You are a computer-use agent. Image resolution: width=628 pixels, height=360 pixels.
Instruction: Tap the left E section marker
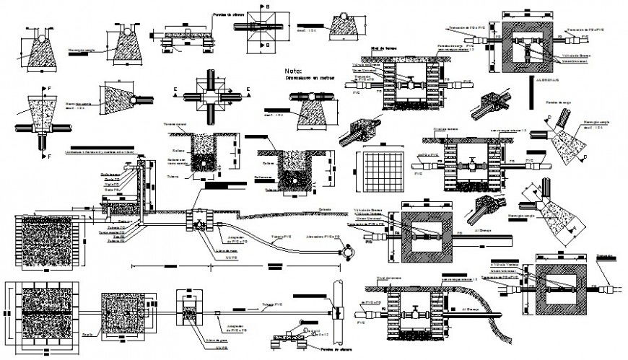(x=175, y=90)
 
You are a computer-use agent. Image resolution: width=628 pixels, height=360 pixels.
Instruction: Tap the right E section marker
(x=248, y=90)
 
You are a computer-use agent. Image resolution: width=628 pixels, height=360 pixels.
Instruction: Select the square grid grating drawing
(x=383, y=171)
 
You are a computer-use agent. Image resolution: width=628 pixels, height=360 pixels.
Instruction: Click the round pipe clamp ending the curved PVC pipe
(x=349, y=253)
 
